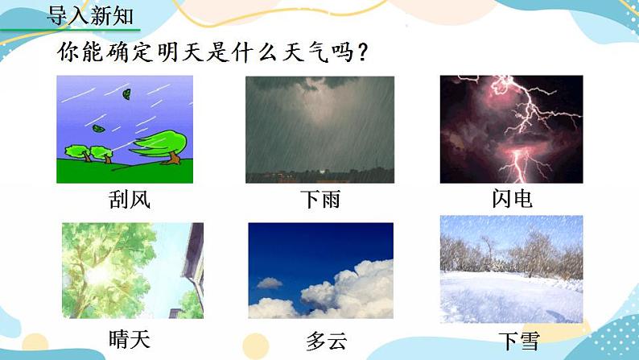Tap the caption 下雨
[319, 200]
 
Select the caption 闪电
[511, 199]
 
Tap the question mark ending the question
[363, 53]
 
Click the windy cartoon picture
[125, 129]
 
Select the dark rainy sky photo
[319, 129]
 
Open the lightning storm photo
[511, 129]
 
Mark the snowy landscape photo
[511, 269]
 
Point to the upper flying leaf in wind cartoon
[126, 94]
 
